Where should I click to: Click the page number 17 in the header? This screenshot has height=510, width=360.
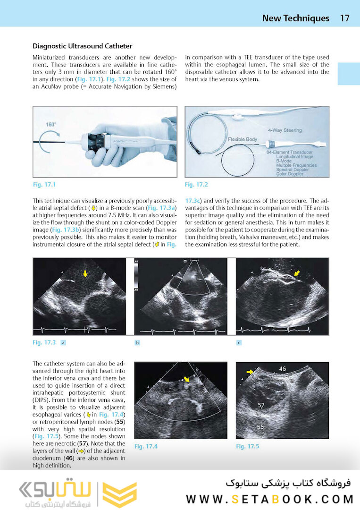[x=344, y=18]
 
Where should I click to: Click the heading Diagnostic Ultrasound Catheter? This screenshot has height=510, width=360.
[x=82, y=46]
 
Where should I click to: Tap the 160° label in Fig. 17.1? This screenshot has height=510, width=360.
[x=51, y=124]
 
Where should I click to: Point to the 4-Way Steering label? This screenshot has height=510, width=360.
[x=285, y=130]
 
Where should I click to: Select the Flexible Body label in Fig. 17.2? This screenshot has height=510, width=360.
[x=243, y=140]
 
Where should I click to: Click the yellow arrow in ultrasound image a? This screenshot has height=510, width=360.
[x=85, y=273]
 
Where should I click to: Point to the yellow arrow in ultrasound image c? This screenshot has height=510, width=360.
[x=296, y=273]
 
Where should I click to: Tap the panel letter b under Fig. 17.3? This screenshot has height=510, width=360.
[x=137, y=343]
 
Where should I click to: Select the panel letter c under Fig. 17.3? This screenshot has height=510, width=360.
[x=239, y=343]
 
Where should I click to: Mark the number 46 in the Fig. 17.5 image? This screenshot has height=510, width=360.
[x=283, y=368]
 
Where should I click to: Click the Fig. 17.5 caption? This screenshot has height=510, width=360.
[x=248, y=446]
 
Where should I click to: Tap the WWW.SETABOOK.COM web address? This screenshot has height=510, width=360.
[x=270, y=499]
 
